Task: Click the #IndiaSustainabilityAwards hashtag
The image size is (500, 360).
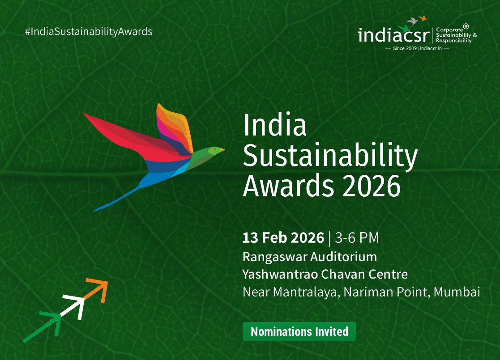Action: coord(89,32)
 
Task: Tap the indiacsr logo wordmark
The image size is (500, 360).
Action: coord(393,35)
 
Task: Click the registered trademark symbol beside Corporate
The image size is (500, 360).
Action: coord(466,26)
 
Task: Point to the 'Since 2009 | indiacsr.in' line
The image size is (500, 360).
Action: coord(417,48)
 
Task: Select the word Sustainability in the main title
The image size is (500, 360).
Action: coord(330,157)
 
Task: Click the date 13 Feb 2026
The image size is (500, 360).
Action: coord(283,238)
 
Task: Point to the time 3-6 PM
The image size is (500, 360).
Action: coord(357,238)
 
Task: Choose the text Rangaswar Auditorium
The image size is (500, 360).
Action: coord(310,257)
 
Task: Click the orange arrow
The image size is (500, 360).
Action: coord(98,288)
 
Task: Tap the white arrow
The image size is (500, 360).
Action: coord(75,306)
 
